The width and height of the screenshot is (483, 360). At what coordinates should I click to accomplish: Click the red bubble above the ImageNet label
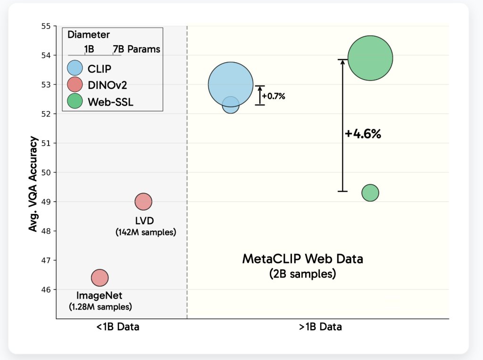pyautogui.click(x=100, y=278)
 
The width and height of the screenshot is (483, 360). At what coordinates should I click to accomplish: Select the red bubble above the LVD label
pyautogui.click(x=143, y=202)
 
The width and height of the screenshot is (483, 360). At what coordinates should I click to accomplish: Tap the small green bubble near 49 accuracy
pyautogui.click(x=370, y=192)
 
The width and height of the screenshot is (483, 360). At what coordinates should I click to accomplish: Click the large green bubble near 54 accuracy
pyautogui.click(x=370, y=58)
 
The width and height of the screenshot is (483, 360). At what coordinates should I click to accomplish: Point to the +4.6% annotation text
pyautogui.click(x=362, y=134)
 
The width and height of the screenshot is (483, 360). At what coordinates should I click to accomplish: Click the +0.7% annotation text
pyautogui.click(x=274, y=96)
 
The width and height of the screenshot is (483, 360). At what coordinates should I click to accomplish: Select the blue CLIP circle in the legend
pyautogui.click(x=75, y=69)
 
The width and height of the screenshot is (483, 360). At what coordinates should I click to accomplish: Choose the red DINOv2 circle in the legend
pyautogui.click(x=75, y=85)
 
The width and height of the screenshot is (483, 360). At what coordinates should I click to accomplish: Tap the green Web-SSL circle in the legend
pyautogui.click(x=75, y=101)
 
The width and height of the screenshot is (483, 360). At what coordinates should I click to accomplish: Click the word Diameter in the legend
pyautogui.click(x=89, y=35)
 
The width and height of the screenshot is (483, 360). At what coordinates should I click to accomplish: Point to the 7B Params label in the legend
pyautogui.click(x=136, y=49)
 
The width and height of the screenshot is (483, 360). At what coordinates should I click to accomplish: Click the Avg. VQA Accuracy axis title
pyautogui.click(x=33, y=184)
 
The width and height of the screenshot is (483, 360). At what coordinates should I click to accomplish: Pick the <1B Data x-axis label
pyautogui.click(x=117, y=327)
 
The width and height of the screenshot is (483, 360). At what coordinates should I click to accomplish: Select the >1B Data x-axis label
pyautogui.click(x=320, y=327)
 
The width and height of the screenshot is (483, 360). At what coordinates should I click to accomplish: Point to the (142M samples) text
pyautogui.click(x=145, y=232)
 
